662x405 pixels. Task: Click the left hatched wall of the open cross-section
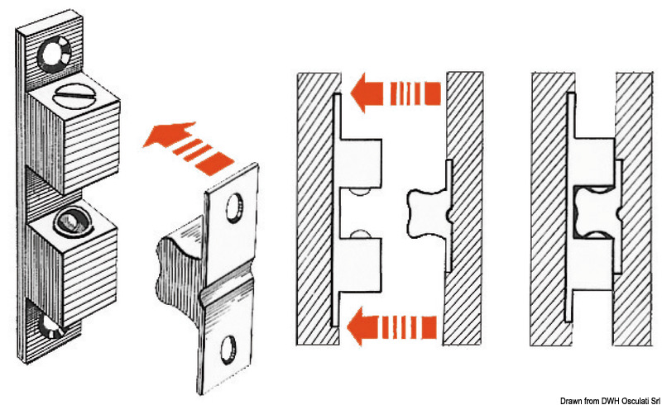click(315, 207)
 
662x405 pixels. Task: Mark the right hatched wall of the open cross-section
click(463, 207)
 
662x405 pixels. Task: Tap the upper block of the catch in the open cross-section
click(361, 164)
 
